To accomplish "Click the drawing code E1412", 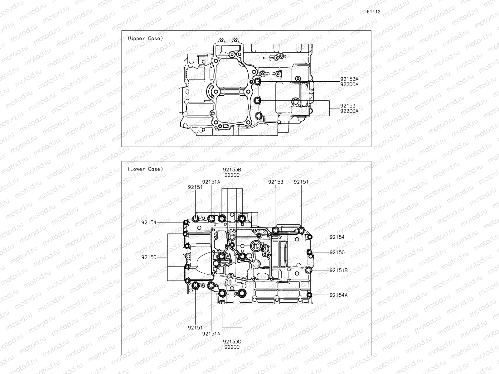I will click(x=374, y=12).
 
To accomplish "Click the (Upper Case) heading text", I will click(x=145, y=38).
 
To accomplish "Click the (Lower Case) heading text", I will click(x=145, y=169).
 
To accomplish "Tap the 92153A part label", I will click(x=349, y=79).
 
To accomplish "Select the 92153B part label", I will click(x=232, y=170).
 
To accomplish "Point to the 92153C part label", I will click(x=232, y=341).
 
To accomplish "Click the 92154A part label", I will click(x=338, y=295).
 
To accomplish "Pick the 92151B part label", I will click(x=338, y=270).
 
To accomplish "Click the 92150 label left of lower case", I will click(x=148, y=257).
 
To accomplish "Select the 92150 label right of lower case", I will click(x=337, y=252).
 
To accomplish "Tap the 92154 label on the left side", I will click(x=148, y=222).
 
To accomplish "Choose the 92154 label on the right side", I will click(x=337, y=237).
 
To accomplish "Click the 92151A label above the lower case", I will click(x=211, y=182).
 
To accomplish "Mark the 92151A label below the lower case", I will click(x=211, y=333).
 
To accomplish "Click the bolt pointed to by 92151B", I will click(x=309, y=270).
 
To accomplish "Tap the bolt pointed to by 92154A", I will click(x=309, y=295).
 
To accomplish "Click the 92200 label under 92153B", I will click(x=232, y=175).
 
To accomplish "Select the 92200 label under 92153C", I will click(x=232, y=347).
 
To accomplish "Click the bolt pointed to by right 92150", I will click(x=310, y=252).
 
